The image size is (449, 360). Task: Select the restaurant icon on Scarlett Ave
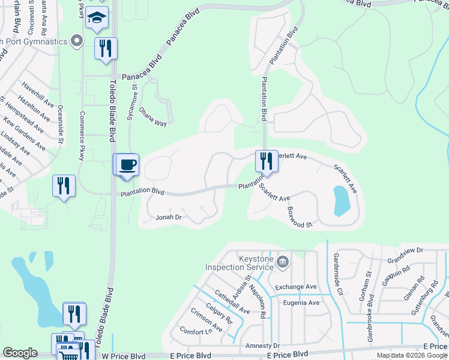[266, 161]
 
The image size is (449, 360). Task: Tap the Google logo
[20, 353]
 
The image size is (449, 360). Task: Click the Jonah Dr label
[169, 218]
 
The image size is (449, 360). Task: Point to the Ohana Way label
[152, 116]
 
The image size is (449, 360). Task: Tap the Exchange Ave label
[295, 287]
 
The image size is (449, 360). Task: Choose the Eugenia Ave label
[301, 302]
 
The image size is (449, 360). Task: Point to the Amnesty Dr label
[263, 346]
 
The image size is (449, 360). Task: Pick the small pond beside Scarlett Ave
[340, 200]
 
